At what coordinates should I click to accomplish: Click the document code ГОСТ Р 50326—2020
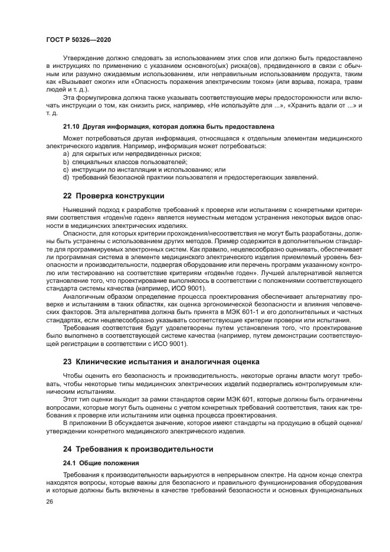(x=79, y=40)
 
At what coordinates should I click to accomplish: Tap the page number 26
(x=50, y=501)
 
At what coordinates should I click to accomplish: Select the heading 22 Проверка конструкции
(x=113, y=195)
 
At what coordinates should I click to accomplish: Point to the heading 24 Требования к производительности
(x=137, y=449)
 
